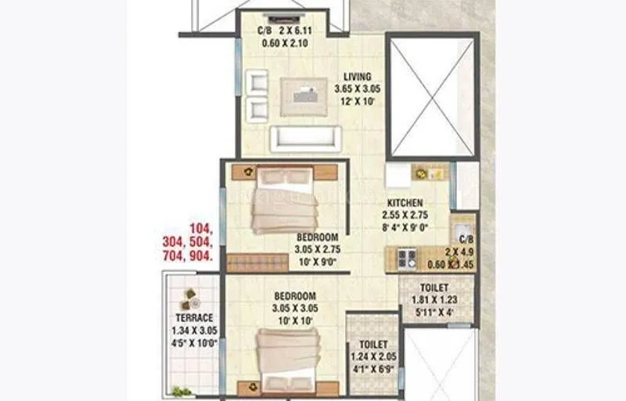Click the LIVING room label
[x=356, y=78]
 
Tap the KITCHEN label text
[x=403, y=203]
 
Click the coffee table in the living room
[x=304, y=97]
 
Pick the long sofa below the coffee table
[x=306, y=139]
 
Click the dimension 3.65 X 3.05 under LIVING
[x=357, y=89]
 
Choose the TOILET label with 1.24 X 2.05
[x=373, y=345]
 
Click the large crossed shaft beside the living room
[x=433, y=96]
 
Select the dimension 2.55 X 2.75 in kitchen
[x=403, y=215]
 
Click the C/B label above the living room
[x=265, y=31]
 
